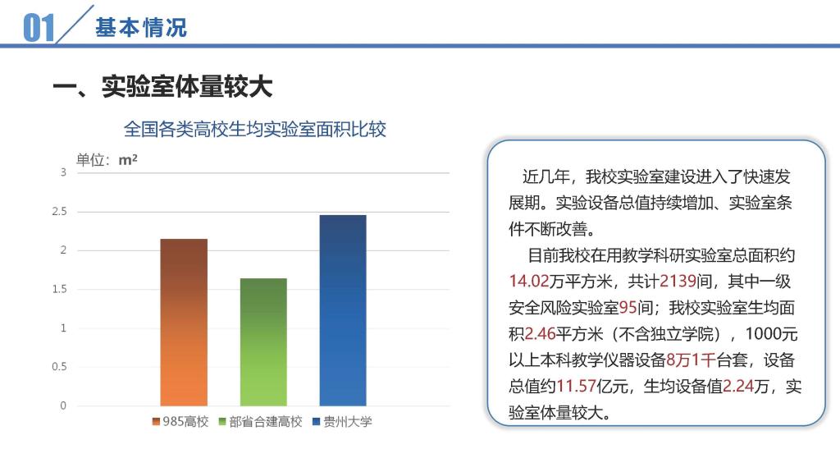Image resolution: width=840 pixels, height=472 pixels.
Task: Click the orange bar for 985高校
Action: [184, 323]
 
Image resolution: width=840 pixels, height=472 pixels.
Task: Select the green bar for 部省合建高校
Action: [263, 342]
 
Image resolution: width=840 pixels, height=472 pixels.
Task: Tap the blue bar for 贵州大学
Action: [343, 310]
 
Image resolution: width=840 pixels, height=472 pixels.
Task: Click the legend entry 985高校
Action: [180, 422]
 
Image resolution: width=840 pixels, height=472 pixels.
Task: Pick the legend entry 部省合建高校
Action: [260, 422]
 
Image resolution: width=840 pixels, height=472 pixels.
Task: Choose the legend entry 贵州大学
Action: [342, 422]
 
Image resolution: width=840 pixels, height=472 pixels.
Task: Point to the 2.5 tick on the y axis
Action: [59, 211]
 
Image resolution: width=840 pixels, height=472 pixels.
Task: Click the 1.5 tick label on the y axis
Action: [59, 289]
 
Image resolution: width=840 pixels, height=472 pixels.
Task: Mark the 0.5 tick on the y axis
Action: [59, 367]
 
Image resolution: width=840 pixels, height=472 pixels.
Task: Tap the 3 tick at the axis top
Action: [63, 172]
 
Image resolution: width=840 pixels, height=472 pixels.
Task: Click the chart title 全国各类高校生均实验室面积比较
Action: [255, 129]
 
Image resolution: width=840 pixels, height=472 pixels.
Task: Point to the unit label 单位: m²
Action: [107, 160]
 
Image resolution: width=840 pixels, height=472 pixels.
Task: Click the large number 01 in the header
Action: [39, 28]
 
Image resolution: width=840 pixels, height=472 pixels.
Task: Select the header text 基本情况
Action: [141, 27]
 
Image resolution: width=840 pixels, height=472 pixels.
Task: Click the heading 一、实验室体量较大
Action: [163, 86]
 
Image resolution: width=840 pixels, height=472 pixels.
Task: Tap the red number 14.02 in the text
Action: [529, 282]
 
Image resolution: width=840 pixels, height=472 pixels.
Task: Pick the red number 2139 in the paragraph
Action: [678, 282]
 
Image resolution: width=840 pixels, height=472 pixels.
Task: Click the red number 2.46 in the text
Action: [540, 334]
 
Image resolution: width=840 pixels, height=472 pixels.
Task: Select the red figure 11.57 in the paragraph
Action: [577, 386]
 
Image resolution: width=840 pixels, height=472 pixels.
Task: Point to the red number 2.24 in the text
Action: [738, 386]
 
